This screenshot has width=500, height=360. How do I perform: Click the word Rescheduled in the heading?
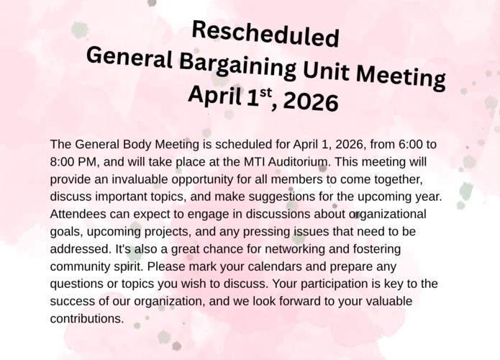click(x=266, y=33)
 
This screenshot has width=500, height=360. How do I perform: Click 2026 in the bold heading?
click(x=311, y=102)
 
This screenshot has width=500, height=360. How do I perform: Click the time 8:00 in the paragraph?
click(x=64, y=161)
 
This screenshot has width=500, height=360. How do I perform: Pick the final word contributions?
click(x=87, y=318)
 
